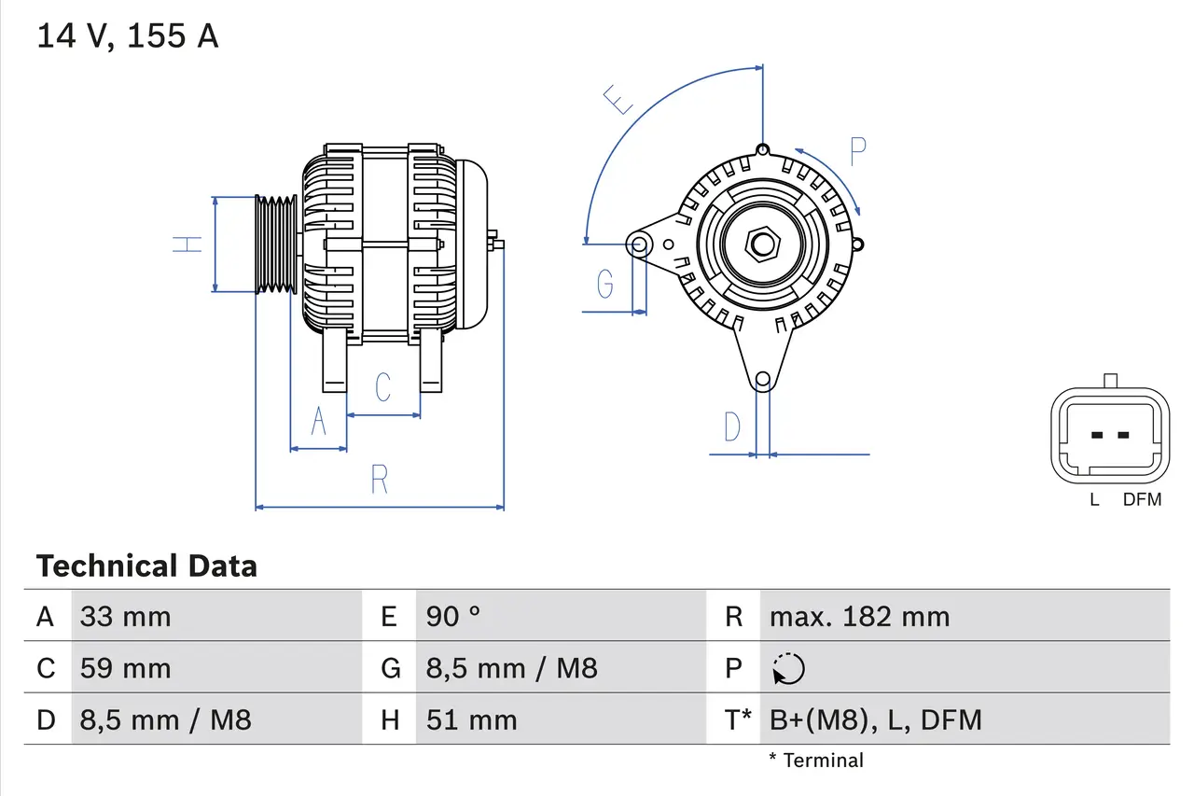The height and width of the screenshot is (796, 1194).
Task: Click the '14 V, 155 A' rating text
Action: click(128, 36)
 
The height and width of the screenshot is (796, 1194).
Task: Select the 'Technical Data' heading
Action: click(146, 566)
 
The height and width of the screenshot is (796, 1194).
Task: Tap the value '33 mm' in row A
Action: click(126, 616)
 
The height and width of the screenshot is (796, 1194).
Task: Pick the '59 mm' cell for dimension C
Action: click(126, 668)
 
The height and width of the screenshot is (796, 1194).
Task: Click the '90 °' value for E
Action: click(453, 616)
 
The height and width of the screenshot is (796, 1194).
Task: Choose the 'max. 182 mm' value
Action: click(859, 616)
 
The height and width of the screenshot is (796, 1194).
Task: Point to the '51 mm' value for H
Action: click(471, 719)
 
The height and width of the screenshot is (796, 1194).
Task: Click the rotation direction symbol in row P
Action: click(788, 668)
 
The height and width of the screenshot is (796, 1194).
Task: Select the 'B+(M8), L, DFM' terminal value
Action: click(875, 719)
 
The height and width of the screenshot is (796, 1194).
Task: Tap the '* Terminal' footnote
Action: click(816, 761)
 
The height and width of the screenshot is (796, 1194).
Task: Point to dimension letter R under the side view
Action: click(379, 480)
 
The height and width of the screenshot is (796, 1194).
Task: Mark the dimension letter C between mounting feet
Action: click(382, 386)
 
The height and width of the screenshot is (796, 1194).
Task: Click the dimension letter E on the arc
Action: click(618, 98)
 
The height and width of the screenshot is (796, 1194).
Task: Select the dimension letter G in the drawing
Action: click(605, 282)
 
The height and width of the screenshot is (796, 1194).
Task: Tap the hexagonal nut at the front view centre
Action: click(763, 244)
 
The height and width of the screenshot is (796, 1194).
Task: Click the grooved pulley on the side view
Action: click(276, 244)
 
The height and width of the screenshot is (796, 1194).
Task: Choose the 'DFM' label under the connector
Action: click(1142, 499)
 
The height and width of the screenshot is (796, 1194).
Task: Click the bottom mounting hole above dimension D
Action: click(763, 379)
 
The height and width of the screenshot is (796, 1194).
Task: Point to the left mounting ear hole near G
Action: click(640, 245)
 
